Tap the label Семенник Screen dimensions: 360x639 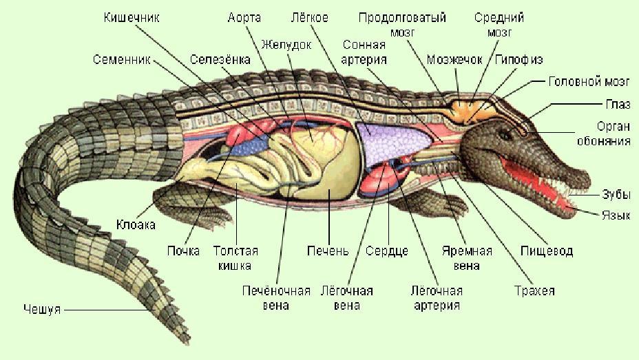tap(121, 60)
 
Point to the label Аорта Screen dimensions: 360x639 tap(244, 17)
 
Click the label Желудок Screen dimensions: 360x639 tap(286, 45)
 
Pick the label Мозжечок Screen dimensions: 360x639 tap(454, 60)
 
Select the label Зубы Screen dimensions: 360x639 tap(616, 195)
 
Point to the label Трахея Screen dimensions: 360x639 tap(534, 290)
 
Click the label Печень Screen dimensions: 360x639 tap(328, 251)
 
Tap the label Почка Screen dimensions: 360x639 tap(183, 251)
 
